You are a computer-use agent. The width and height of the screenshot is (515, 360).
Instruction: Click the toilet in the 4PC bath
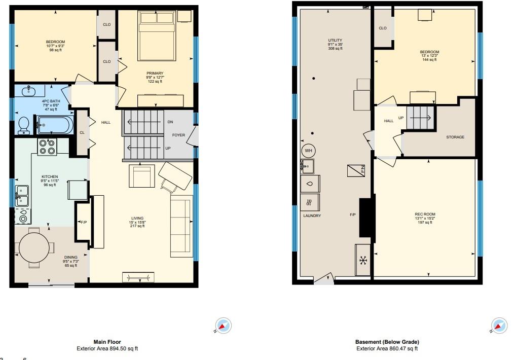point(24,125)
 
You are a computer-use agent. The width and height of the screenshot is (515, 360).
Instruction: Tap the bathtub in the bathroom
point(55,125)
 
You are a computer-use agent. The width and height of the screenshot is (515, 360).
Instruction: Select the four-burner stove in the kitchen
point(47,147)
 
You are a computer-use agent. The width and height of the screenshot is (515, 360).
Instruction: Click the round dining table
point(34,247)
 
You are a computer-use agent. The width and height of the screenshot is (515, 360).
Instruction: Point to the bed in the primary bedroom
point(157,36)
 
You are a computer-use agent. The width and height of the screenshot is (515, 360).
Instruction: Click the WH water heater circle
point(308,151)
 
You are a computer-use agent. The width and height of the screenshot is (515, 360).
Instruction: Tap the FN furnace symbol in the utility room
point(356,170)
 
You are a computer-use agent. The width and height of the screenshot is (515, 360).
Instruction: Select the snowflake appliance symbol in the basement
point(363,261)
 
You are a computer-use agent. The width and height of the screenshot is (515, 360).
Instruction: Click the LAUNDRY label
point(312,216)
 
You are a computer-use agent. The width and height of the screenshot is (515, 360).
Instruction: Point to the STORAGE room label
point(455,137)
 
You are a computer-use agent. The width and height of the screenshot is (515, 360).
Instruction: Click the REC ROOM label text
point(425,214)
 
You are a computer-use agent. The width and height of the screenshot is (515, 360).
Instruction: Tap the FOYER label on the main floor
point(178,135)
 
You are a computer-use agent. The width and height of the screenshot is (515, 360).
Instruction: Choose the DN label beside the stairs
point(170,122)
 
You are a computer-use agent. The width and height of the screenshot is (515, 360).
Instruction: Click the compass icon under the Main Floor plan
point(224,326)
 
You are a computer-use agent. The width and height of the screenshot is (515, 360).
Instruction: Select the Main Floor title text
point(107,342)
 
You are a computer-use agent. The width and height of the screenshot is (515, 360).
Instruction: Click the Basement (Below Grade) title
point(387,342)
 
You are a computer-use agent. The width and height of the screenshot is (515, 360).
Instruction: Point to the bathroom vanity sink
point(29,91)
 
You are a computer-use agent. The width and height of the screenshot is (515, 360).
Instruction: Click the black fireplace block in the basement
point(367,217)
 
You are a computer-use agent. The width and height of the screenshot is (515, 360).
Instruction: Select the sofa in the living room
point(181,226)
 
